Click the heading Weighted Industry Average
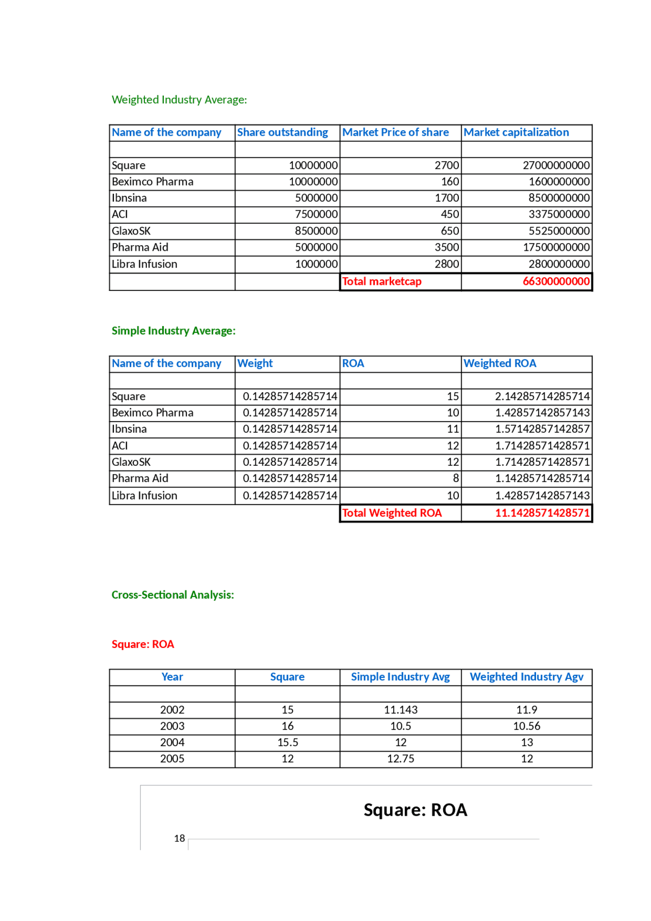179,100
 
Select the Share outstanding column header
282,132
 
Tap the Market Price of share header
395,132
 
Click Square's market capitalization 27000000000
556,165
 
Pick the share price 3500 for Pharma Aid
447,247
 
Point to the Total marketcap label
381,281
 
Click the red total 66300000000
556,281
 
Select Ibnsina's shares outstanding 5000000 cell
316,198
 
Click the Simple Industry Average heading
173,331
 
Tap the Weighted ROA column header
499,363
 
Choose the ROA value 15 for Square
453,396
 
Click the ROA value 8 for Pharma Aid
456,478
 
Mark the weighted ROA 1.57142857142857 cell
542,429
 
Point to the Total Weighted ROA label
392,513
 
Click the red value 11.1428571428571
542,513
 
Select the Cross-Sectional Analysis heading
173,595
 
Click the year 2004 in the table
172,742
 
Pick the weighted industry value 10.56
526,726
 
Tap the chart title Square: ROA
415,810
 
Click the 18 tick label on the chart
179,838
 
